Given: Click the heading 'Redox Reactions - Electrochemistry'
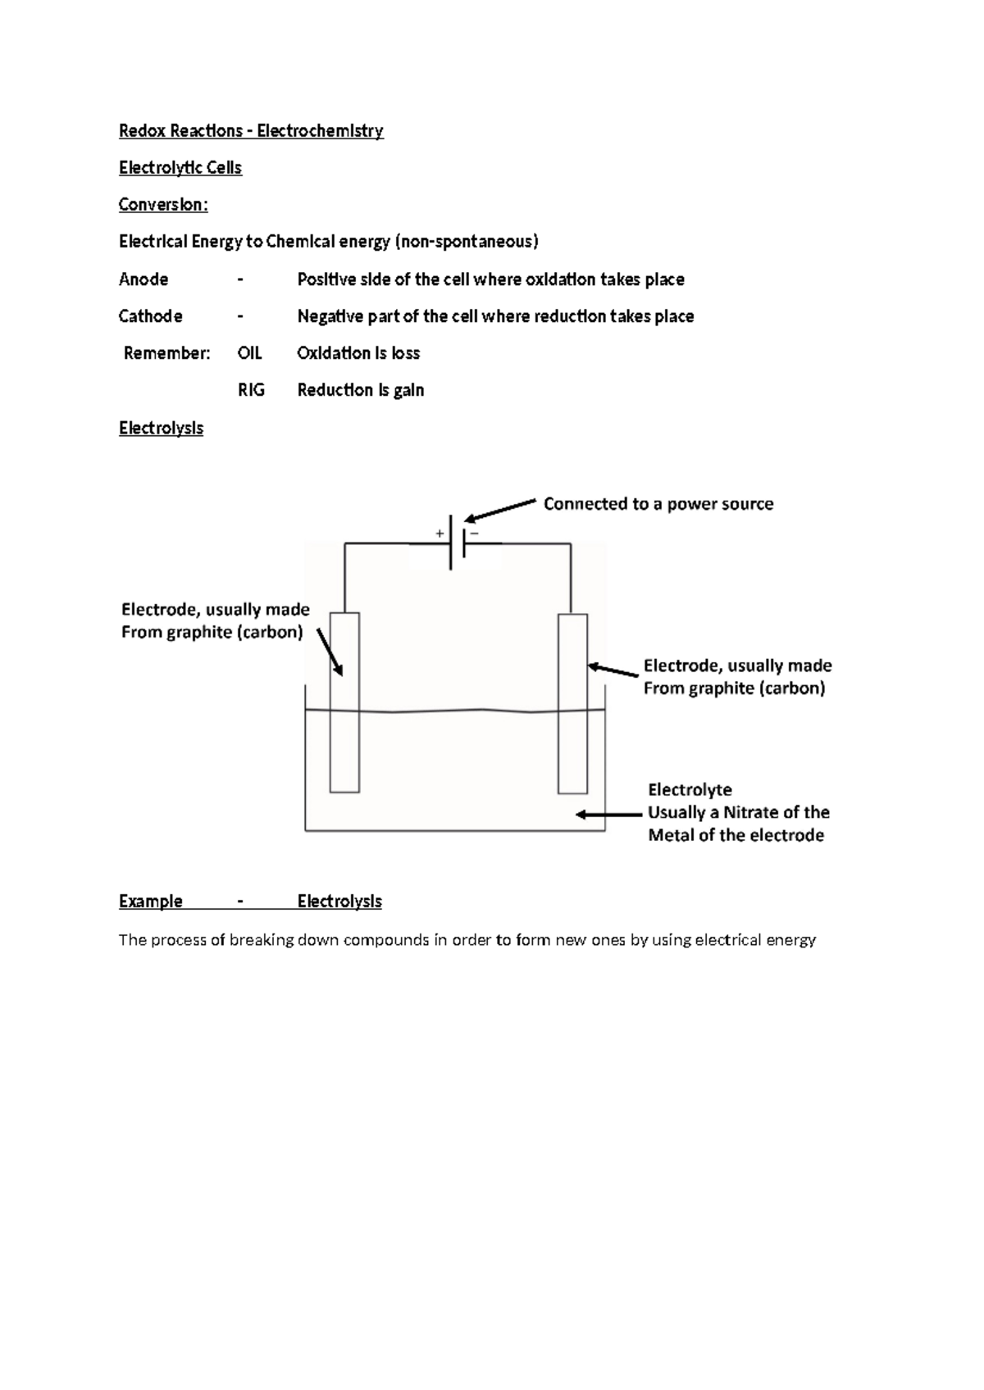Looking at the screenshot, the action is click(x=251, y=131).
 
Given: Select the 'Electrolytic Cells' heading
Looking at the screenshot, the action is click(x=180, y=168).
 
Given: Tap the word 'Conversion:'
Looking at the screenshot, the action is click(x=163, y=205).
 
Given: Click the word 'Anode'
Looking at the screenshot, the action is click(x=143, y=279).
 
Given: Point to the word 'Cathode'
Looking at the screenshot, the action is click(x=150, y=316).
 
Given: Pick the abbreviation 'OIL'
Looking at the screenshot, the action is click(x=249, y=353).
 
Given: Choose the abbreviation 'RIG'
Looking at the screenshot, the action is click(x=251, y=390).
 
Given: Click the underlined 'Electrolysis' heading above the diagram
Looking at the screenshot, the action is click(x=161, y=428).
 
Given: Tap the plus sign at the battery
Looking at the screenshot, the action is click(x=440, y=534).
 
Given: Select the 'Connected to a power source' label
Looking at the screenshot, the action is click(x=658, y=504).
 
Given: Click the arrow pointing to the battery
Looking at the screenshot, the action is click(x=500, y=510).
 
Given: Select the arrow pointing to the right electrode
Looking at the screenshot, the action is click(x=613, y=670).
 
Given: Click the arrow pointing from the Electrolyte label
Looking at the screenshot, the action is click(x=608, y=815).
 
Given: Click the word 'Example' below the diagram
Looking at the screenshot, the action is click(x=150, y=902).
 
